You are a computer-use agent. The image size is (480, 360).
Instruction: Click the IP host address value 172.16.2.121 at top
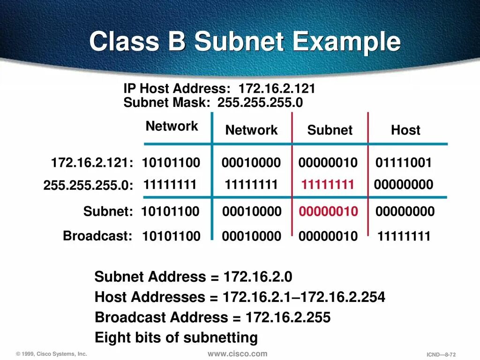pos(277,89)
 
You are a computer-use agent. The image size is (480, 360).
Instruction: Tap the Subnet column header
pos(330,130)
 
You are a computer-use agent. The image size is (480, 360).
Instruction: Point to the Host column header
pos(405,130)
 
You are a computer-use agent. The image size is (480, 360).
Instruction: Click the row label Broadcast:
pos(97,236)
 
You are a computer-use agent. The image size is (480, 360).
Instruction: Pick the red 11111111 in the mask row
pos(328,185)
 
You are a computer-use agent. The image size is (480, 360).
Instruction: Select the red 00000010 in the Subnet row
pos(329,211)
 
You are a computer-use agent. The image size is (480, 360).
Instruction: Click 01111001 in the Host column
pos(403,163)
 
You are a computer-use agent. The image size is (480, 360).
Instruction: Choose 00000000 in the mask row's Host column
pos(404,185)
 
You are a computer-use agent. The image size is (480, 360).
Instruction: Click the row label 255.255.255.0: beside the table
pos(89,186)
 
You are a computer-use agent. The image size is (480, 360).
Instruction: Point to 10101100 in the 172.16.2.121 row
pos(171,163)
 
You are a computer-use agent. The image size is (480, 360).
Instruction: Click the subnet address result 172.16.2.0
pos(258,277)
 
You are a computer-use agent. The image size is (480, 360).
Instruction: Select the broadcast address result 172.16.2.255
pos(288,317)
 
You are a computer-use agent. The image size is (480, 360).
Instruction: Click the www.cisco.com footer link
pos(237,354)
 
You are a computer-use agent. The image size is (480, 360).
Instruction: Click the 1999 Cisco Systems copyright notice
pos(52,354)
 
